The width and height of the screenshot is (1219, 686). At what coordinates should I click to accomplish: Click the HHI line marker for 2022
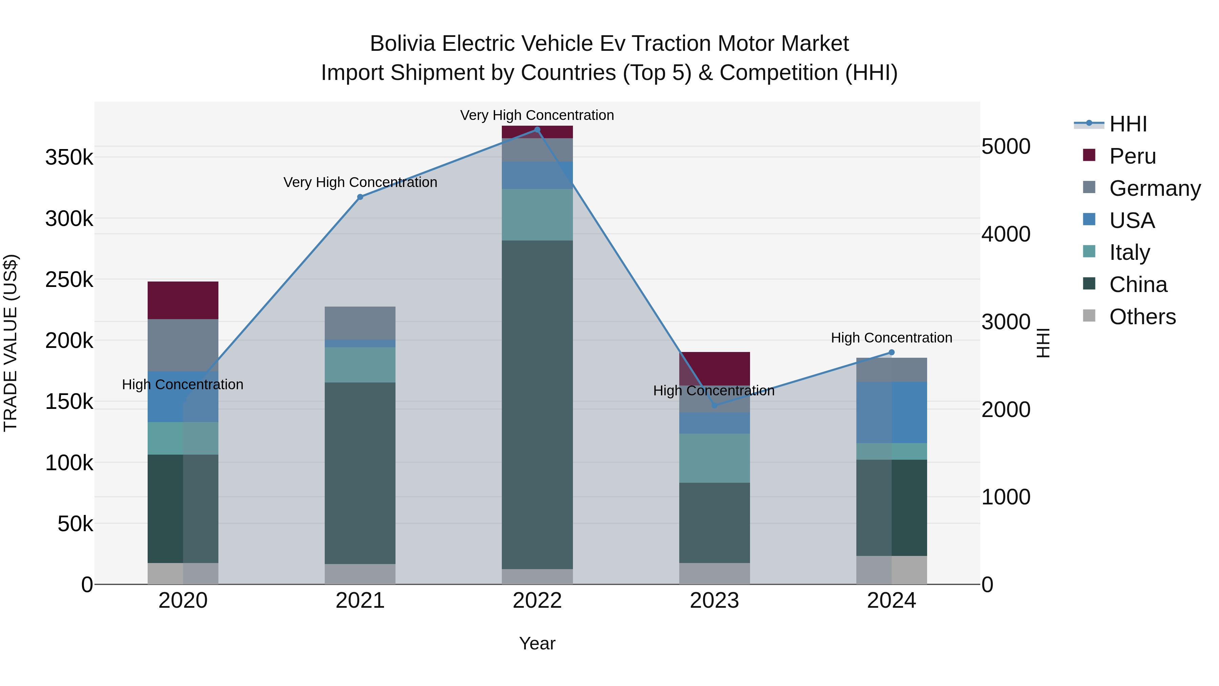(x=537, y=130)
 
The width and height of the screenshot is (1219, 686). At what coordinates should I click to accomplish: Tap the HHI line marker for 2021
(x=360, y=197)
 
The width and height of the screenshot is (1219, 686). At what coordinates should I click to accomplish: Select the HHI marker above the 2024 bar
(x=892, y=352)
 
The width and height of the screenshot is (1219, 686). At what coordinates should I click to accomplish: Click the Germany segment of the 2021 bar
(x=360, y=323)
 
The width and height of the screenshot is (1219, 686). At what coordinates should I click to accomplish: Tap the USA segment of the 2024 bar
(x=892, y=412)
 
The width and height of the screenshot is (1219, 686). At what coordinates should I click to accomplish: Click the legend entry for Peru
(x=1132, y=156)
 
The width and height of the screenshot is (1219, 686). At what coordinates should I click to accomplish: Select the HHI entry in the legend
(x=1128, y=124)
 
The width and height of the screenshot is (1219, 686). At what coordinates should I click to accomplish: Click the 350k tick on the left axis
(x=69, y=157)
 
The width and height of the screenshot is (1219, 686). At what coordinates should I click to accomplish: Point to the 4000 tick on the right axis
(x=1006, y=234)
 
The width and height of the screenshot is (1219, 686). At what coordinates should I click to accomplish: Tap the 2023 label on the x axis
(x=714, y=601)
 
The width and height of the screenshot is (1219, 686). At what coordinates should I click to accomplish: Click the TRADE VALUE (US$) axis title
(x=10, y=343)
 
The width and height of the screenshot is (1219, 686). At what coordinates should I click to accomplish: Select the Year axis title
(x=537, y=643)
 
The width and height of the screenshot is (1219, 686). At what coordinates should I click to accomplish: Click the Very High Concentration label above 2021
(x=360, y=182)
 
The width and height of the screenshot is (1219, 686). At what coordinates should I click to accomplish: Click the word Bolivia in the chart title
(x=402, y=44)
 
